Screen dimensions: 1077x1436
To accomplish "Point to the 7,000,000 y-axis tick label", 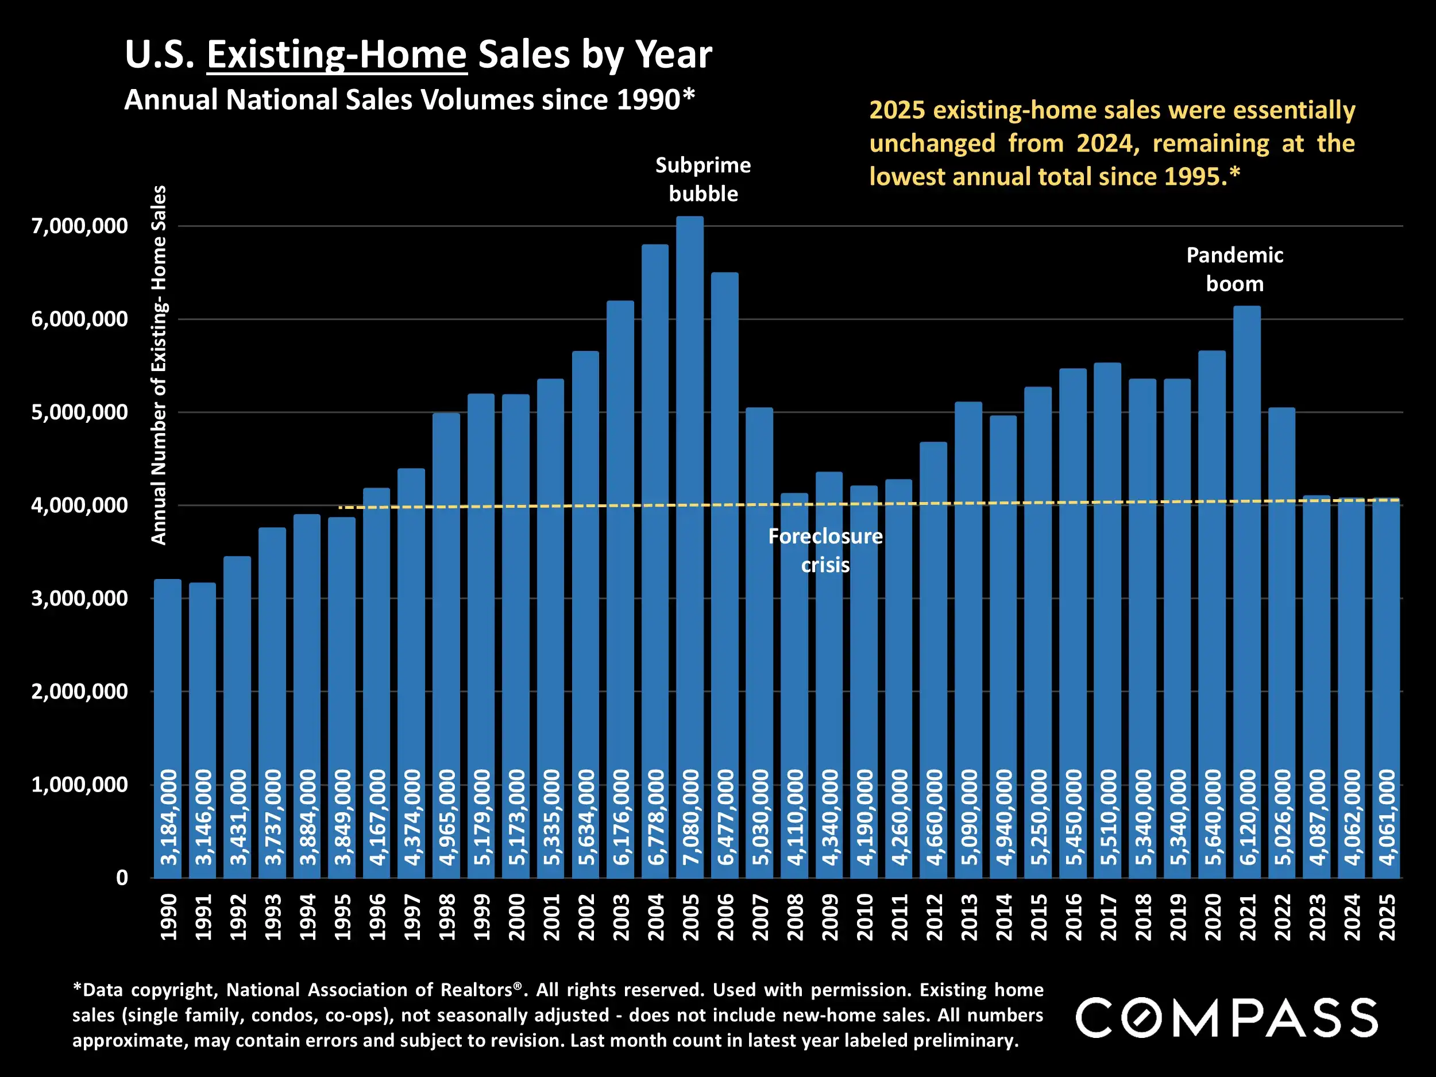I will click(79, 226).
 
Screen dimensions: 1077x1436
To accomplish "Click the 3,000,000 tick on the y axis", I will click(79, 599).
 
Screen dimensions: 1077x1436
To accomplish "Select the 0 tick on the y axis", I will click(122, 878).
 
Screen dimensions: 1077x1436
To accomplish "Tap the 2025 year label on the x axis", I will click(1386, 917).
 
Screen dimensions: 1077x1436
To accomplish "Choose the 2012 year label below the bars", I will click(933, 917).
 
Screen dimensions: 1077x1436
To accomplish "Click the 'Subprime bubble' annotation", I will click(703, 179).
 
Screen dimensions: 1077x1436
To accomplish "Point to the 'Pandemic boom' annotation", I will click(1234, 269).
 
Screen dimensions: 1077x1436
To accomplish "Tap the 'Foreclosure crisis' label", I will click(825, 550).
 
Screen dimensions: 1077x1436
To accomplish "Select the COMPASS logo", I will click(1227, 1017).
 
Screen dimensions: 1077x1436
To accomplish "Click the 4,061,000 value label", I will click(1387, 817).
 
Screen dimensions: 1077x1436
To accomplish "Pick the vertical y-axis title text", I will click(159, 365).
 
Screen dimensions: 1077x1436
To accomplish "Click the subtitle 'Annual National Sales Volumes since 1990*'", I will click(410, 100).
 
